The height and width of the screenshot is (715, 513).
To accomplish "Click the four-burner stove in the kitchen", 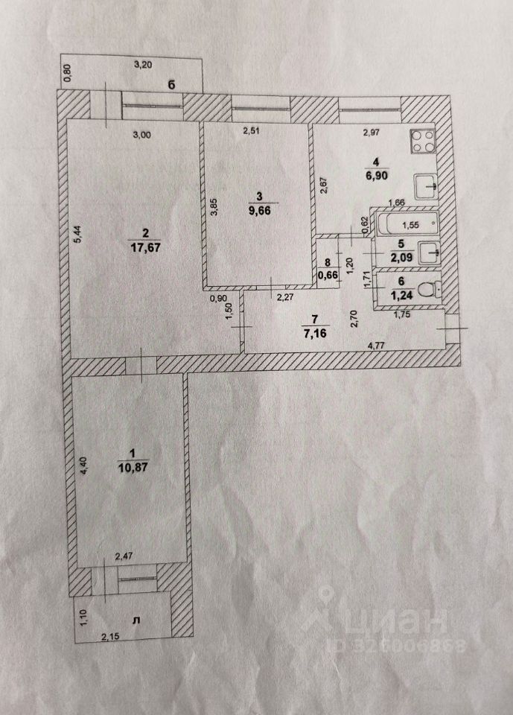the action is pos(424,142).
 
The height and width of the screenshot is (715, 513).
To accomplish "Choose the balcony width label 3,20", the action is pos(143,65).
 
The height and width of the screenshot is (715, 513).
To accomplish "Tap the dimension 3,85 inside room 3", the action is pos(214,206).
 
